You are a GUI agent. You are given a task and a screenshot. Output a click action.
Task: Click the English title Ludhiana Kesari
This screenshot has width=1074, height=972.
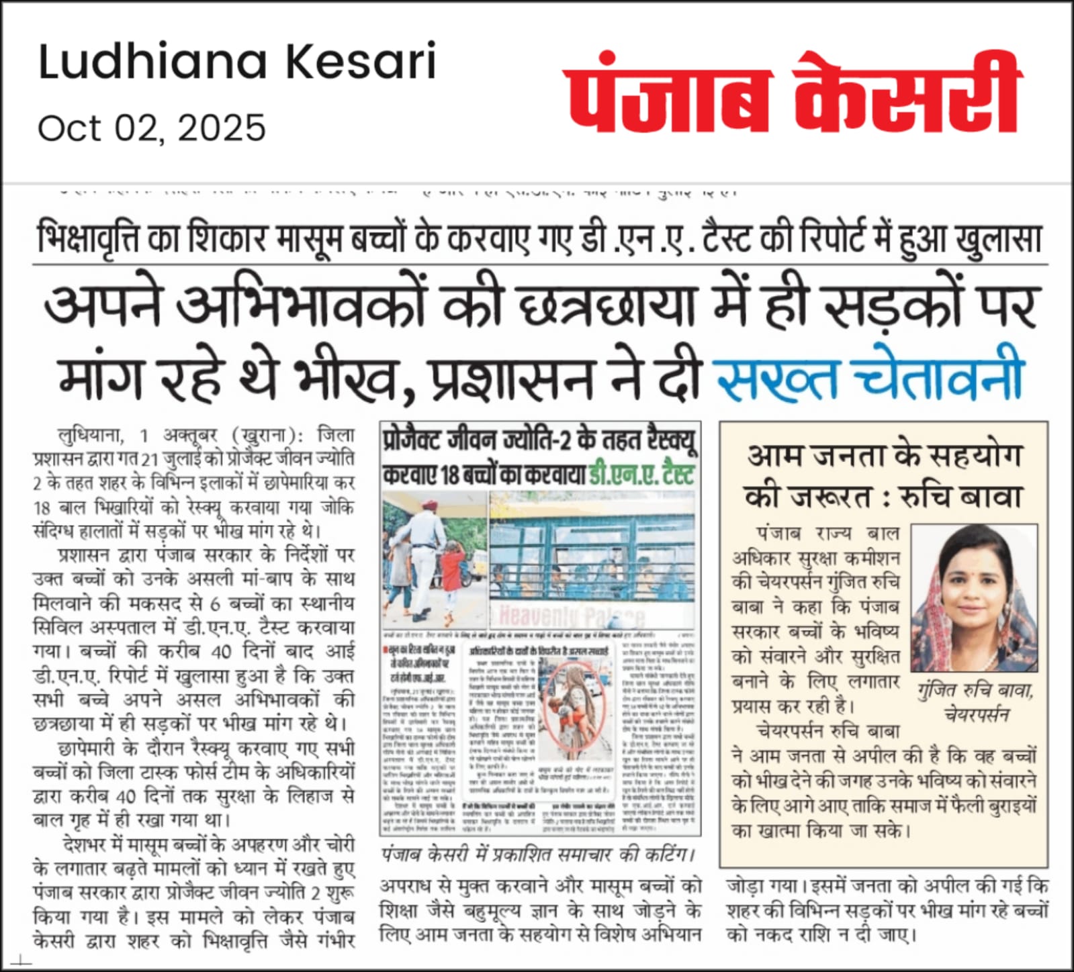(237, 62)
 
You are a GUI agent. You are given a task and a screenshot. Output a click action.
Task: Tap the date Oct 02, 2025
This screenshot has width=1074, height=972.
(152, 128)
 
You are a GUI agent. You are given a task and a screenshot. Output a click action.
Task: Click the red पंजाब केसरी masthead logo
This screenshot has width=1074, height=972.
(793, 92)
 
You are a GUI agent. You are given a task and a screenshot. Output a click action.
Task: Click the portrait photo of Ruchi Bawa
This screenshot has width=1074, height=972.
(974, 597)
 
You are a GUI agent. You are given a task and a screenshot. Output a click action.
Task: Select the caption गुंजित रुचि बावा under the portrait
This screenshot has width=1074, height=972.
(975, 690)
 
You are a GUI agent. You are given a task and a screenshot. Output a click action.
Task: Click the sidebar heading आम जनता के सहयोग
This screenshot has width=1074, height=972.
(883, 456)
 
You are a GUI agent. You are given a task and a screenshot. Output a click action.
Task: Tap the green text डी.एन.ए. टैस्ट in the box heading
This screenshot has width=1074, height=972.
(641, 475)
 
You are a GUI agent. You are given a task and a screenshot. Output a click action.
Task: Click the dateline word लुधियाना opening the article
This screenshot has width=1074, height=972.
(91, 436)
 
